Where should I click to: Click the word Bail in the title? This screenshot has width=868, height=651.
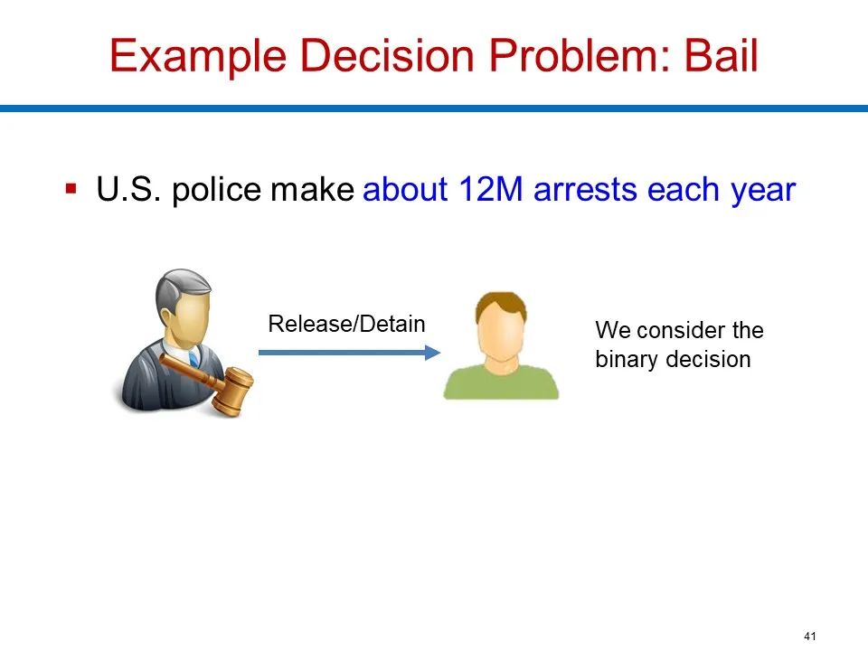click(x=721, y=55)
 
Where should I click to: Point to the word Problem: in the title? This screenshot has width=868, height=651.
click(x=580, y=55)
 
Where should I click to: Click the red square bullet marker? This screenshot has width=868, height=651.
click(x=71, y=188)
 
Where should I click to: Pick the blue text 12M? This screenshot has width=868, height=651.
click(x=490, y=189)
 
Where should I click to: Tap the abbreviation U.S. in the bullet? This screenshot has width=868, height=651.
click(x=128, y=189)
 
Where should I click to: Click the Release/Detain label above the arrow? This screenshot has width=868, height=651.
click(x=346, y=324)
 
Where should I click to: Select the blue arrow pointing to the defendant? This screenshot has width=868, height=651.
click(x=349, y=352)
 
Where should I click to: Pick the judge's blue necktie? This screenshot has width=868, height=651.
click(x=193, y=359)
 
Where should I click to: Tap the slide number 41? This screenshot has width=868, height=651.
click(x=810, y=636)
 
